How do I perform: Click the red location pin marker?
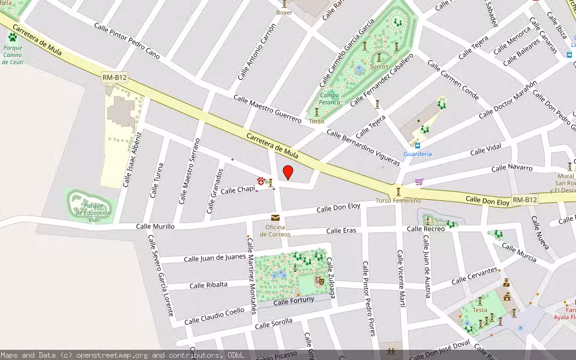pos(288,172)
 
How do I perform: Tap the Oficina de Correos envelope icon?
pos(275,218)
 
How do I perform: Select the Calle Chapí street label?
pos(238,190)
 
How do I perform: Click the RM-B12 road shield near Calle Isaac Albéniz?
pos(114,77)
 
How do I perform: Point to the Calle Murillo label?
pos(155,226)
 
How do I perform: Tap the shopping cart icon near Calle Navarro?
pos(419,181)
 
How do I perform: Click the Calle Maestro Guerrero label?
pos(267,109)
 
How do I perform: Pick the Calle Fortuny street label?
pos(293,300)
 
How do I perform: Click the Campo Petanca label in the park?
pos(329,98)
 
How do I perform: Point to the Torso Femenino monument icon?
pos(398,191)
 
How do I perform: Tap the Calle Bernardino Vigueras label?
pos(362,148)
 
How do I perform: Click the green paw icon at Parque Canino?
pos(13,37)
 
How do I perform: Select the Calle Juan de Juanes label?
pos(214,258)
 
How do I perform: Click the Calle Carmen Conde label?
pos(452,79)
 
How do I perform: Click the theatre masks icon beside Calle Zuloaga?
pos(320,280)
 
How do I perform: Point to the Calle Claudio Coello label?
pos(214,316)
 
